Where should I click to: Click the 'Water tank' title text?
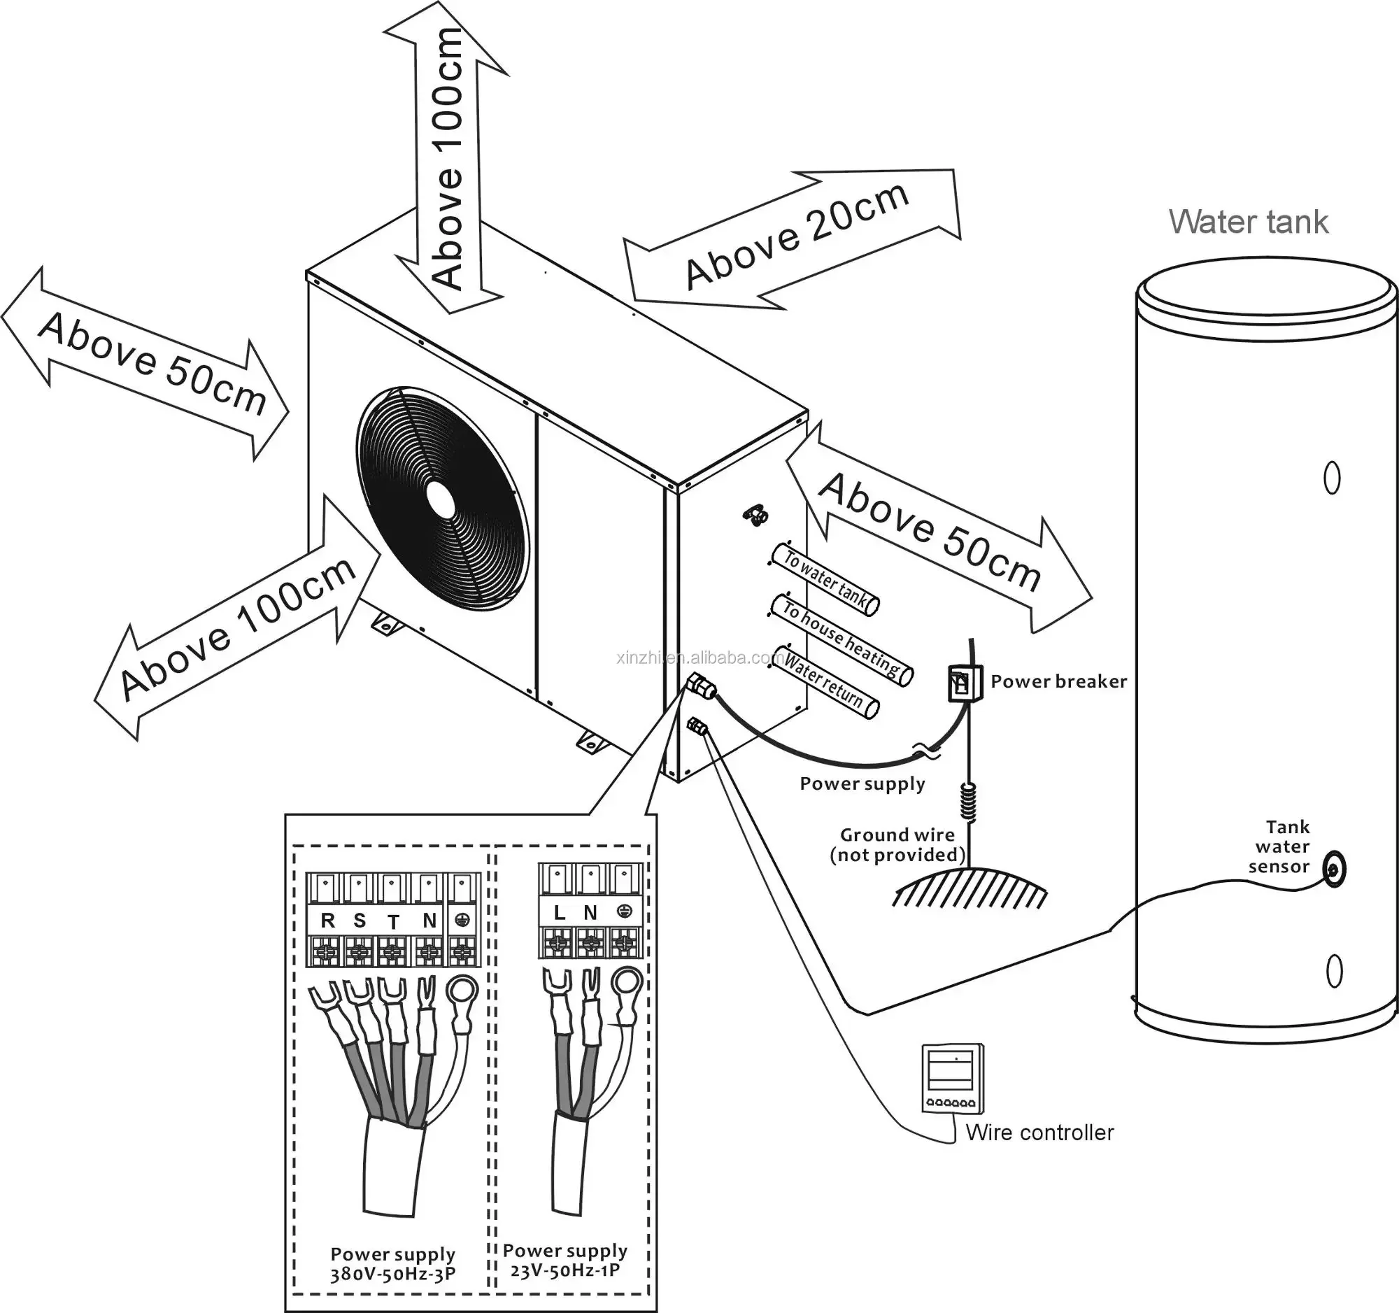click(1248, 222)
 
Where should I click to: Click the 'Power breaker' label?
click(1058, 681)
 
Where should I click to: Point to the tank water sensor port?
click(1333, 870)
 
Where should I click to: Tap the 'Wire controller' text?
click(1039, 1132)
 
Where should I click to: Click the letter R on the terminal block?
click(327, 921)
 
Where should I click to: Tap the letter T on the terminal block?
click(392, 922)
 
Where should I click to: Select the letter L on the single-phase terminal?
click(560, 914)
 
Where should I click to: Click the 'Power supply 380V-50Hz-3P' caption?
click(392, 1264)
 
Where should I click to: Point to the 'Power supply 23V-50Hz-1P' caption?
click(565, 1261)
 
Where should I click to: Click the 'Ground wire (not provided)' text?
click(897, 844)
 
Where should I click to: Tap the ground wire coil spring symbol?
click(970, 803)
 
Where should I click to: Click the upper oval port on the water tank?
click(1331, 479)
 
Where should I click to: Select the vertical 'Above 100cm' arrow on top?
click(448, 162)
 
